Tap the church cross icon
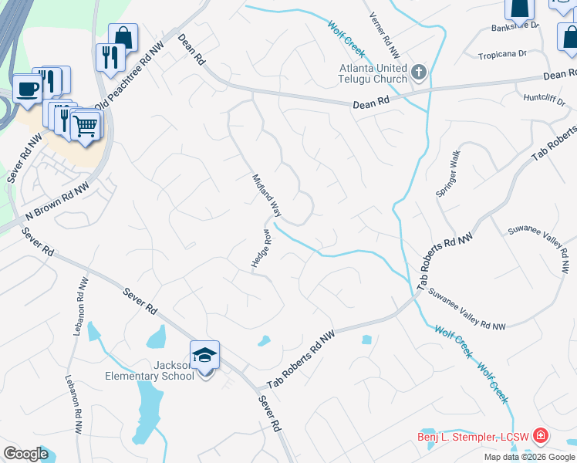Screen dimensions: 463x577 [x=419, y=73]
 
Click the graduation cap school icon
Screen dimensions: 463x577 [x=205, y=355]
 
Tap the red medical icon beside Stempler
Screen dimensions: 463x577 [x=541, y=437]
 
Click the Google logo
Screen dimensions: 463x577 [x=25, y=454]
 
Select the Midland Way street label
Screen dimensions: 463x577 [x=266, y=194]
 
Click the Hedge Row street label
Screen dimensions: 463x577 [x=261, y=248]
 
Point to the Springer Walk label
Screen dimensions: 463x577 [x=448, y=174]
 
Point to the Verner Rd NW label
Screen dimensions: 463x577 [x=384, y=35]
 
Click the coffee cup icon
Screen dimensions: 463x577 [x=28, y=88]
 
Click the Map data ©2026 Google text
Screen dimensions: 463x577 [x=528, y=457]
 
